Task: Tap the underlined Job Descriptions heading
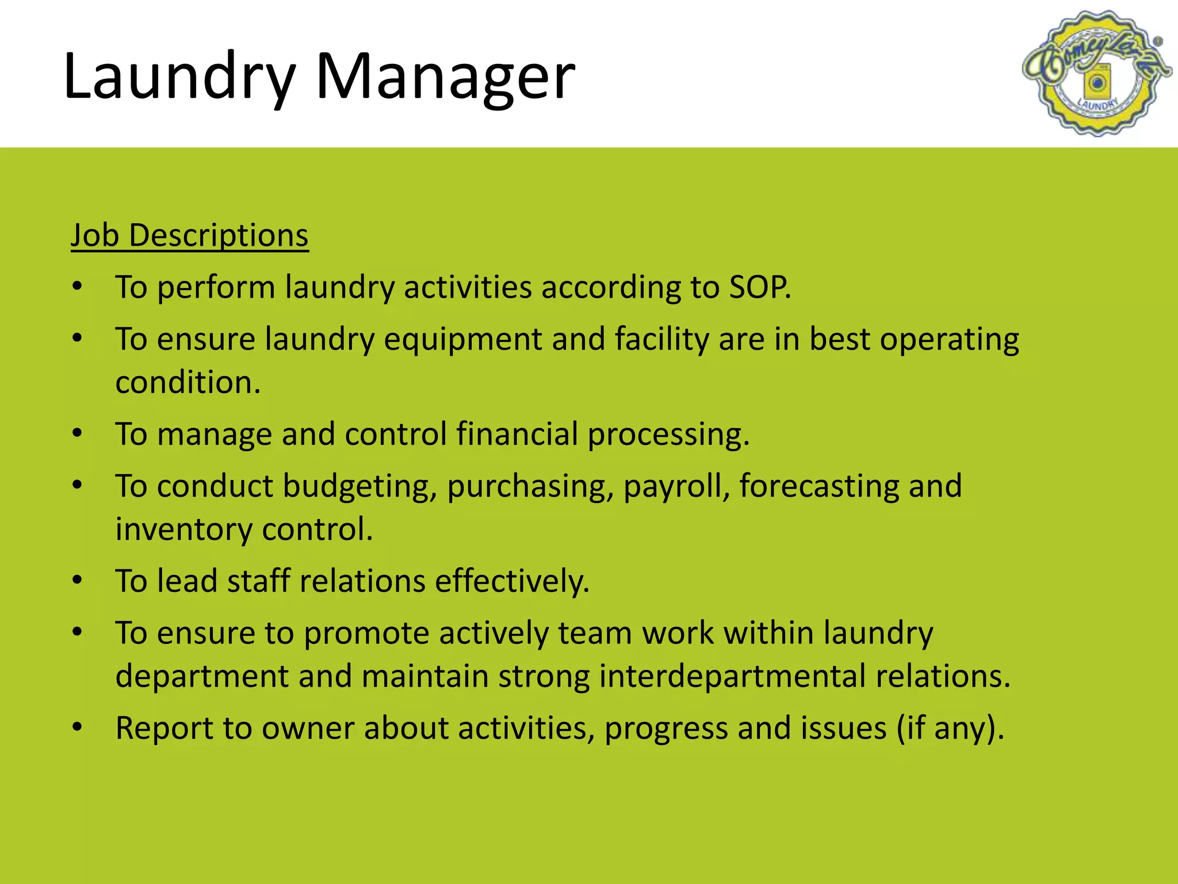point(190,235)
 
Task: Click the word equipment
point(463,339)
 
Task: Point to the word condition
point(188,382)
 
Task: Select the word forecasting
point(819,486)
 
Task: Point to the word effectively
point(512,581)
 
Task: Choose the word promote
point(366,633)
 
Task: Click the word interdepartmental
point(732,676)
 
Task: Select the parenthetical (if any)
point(950,728)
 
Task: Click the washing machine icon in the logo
point(1096,83)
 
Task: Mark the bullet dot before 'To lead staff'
point(78,580)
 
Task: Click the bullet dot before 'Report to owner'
point(78,727)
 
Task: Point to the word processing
point(668,435)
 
